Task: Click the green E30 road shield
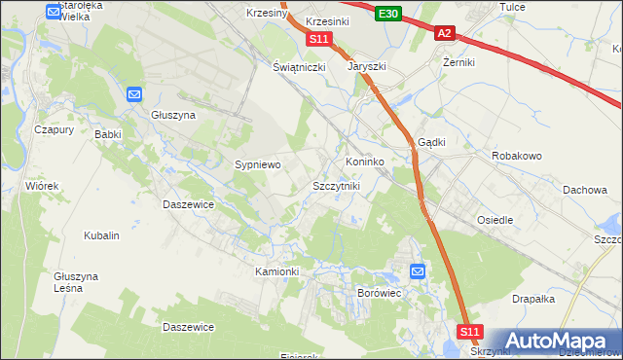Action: (388, 13)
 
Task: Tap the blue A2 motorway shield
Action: (444, 33)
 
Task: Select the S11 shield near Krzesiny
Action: (320, 39)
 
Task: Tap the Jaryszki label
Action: (368, 68)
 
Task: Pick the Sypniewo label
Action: (258, 165)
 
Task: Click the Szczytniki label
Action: (336, 185)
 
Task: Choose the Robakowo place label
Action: (517, 156)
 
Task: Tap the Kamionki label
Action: (276, 270)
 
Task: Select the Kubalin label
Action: (102, 235)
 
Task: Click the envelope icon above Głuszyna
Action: (134, 94)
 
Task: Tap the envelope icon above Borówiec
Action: (418, 271)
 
